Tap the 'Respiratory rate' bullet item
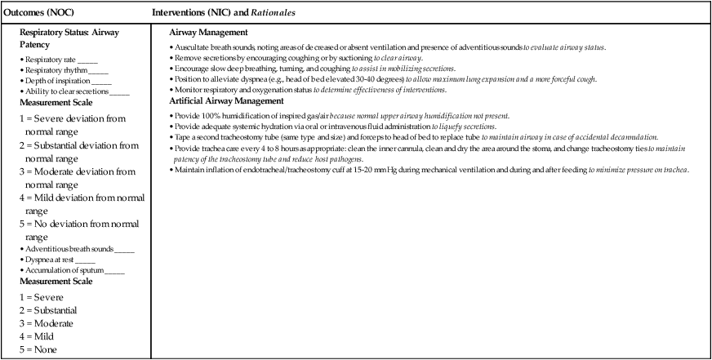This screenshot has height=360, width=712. (x=51, y=60)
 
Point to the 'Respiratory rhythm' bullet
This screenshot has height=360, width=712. (x=56, y=70)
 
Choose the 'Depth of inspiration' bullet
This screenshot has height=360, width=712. (x=57, y=81)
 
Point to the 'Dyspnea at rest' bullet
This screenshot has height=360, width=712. (x=53, y=259)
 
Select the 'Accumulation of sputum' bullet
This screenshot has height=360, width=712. (x=64, y=269)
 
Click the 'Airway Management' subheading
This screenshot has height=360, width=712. (x=208, y=32)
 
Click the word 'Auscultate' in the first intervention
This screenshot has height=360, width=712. (x=193, y=48)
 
